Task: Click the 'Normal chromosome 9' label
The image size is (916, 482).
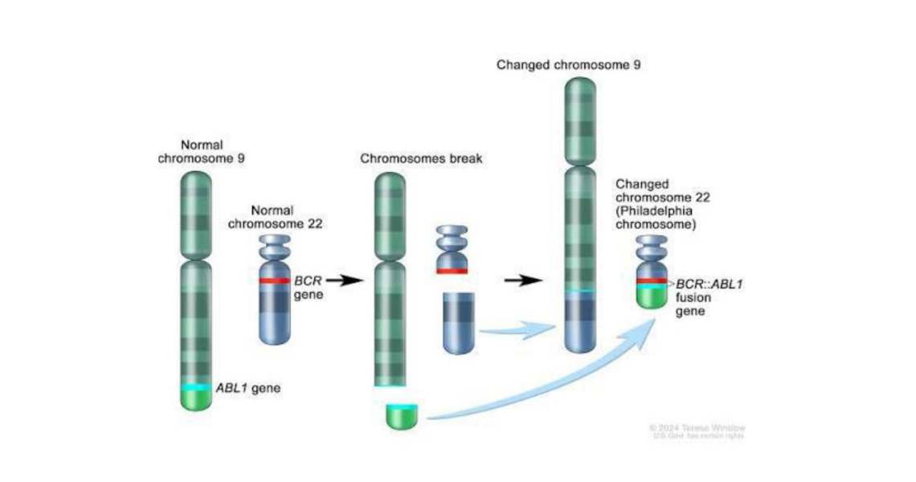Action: pos(201,151)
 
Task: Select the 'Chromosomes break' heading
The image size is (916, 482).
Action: pos(421,158)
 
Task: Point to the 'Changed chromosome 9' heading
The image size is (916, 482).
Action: pos(568,64)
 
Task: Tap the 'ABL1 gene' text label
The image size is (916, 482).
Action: pos(247,388)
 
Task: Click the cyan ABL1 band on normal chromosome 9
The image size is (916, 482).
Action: pos(196,387)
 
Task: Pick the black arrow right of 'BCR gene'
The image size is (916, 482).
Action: pos(341,281)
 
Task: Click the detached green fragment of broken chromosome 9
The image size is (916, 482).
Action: pos(402,415)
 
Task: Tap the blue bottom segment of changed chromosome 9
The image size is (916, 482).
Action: pos(579,321)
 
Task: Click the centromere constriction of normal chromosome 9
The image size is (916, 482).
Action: pos(196,259)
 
